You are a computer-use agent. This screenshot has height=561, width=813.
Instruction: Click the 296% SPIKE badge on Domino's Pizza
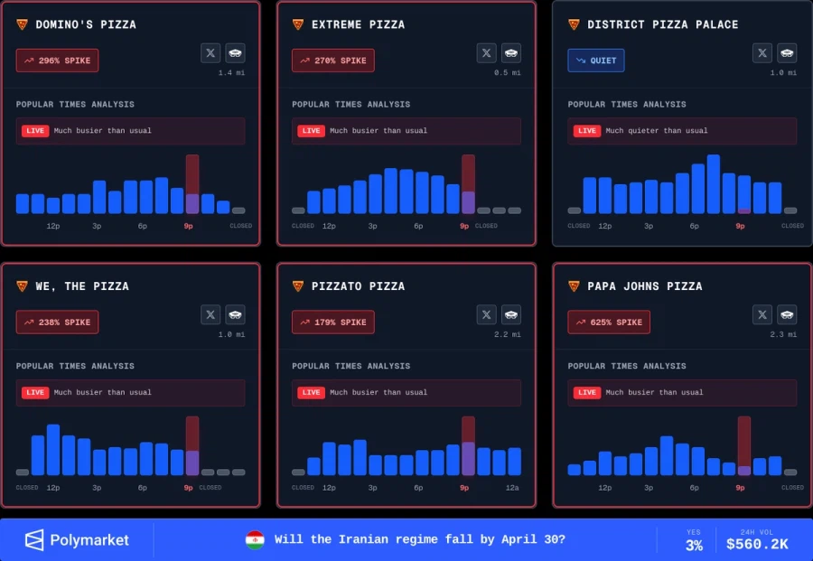[57, 61]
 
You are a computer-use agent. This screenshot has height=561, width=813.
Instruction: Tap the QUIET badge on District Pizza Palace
[596, 61]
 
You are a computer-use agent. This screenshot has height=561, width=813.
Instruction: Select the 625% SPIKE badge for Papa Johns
[609, 323]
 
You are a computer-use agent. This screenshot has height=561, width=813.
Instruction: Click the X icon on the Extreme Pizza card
[487, 53]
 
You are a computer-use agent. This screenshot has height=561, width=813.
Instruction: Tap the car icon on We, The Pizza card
[236, 314]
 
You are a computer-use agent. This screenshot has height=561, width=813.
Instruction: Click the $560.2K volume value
[757, 545]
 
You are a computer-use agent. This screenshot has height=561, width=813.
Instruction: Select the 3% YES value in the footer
[694, 546]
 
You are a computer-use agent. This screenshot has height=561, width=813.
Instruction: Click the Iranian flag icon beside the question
[255, 540]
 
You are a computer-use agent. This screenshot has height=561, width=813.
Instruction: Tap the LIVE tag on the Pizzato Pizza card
[311, 393]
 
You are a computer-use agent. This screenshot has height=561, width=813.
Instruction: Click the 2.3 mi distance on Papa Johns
[784, 335]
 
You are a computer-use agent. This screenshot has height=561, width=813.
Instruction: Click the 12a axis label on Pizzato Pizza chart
[512, 488]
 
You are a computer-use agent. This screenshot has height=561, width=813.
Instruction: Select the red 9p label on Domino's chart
[188, 226]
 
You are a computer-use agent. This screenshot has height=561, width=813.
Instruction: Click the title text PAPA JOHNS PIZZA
[644, 286]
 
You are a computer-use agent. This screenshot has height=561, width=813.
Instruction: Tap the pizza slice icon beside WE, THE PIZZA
[22, 286]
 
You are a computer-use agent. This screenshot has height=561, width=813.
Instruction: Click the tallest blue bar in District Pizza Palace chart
[714, 184]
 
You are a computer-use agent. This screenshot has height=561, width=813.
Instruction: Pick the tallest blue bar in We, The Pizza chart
[53, 450]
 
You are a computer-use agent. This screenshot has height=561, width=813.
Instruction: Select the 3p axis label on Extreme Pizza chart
[372, 226]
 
